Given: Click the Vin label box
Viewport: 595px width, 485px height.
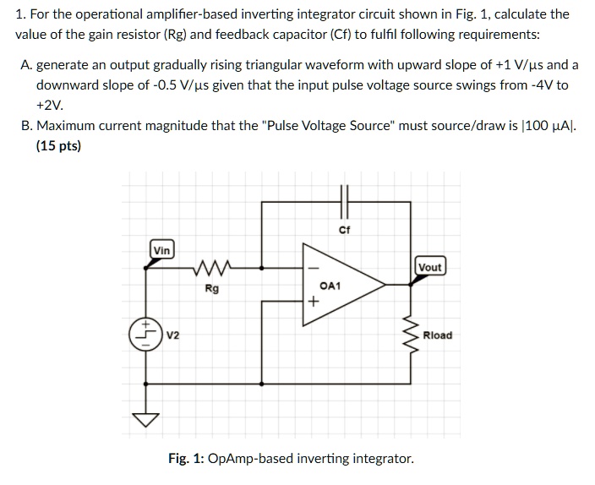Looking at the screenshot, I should [161, 249].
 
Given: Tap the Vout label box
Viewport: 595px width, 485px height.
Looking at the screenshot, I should [429, 267].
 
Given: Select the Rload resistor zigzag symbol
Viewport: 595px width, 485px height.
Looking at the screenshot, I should [412, 335].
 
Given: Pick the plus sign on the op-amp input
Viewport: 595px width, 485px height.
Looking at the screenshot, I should [313, 300].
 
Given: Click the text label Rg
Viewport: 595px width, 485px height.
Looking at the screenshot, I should [212, 289].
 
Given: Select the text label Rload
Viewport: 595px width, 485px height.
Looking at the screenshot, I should [437, 335].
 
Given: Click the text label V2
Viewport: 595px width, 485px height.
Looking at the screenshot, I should [172, 335].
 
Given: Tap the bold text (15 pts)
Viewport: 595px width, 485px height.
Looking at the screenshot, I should [58, 146].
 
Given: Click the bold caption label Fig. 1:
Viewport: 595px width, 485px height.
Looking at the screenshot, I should [186, 459].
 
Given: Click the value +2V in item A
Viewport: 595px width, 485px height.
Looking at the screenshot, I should [50, 106].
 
